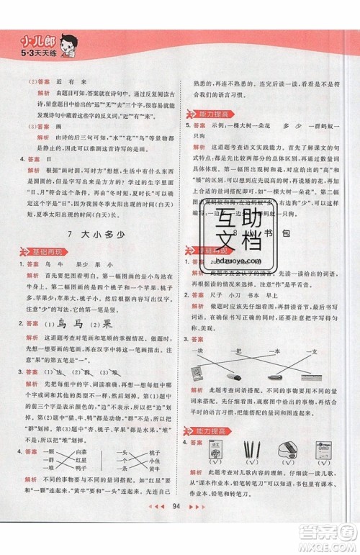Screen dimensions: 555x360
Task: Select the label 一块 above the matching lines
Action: coord(204,351)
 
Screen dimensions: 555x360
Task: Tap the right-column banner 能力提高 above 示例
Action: coord(210,115)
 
